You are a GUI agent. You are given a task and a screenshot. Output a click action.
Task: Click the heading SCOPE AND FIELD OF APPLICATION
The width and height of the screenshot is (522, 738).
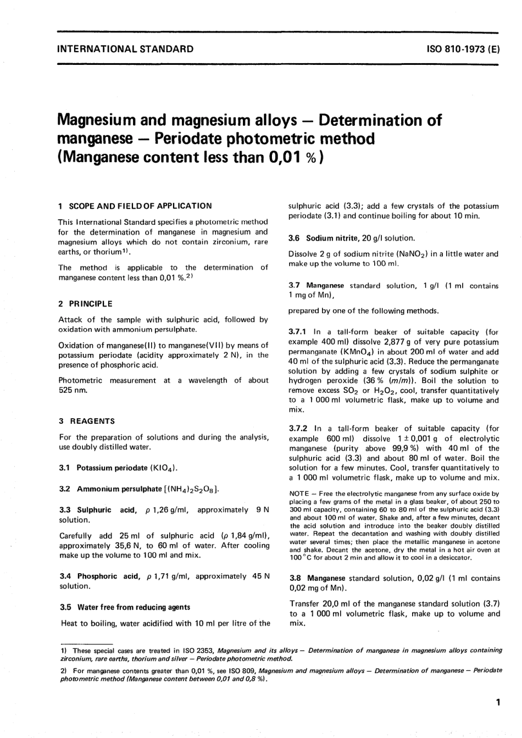(x=140, y=206)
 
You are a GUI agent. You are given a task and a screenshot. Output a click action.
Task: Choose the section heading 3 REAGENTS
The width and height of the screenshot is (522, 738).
(x=87, y=421)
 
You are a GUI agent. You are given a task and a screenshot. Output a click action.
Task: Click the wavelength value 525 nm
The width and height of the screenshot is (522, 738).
(x=73, y=390)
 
